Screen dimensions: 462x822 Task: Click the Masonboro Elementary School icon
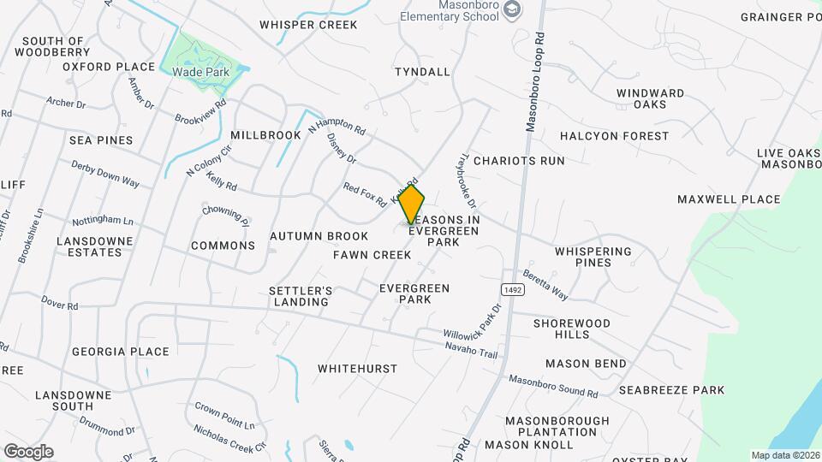tap(512, 10)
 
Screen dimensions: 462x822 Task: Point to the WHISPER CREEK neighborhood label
tap(308, 25)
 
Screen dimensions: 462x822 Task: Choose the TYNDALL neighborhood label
tap(422, 72)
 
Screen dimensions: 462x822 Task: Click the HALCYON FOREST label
tap(614, 136)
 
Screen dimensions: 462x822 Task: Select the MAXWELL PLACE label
tap(729, 199)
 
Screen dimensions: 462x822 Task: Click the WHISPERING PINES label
tap(605, 257)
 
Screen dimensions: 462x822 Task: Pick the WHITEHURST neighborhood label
tap(357, 369)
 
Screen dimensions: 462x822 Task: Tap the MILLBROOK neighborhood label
tap(265, 135)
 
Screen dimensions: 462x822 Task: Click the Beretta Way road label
tap(546, 287)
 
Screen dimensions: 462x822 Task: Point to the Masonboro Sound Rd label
tap(553, 386)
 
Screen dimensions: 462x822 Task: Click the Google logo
tap(28, 451)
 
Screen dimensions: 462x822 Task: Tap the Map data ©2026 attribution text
tap(784, 455)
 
